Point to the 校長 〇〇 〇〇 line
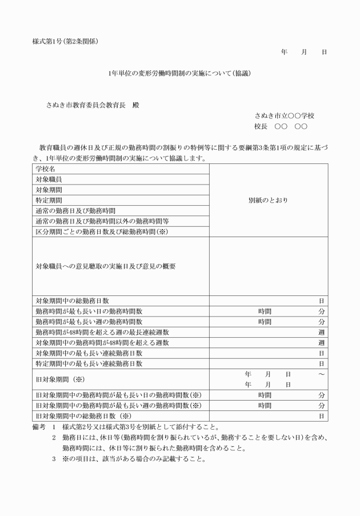(x=281, y=126)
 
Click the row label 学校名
(x=46, y=169)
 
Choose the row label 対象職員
(x=49, y=179)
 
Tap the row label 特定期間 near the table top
(x=49, y=200)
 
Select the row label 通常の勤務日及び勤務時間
(x=75, y=210)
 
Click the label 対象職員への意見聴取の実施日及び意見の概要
(x=105, y=266)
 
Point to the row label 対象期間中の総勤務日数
(x=73, y=301)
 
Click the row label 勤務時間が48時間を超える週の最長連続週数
(x=102, y=332)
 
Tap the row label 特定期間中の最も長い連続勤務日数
(x=89, y=363)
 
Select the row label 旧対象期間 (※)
(x=60, y=379)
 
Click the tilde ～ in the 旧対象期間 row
(x=322, y=374)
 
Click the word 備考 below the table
(x=39, y=427)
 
